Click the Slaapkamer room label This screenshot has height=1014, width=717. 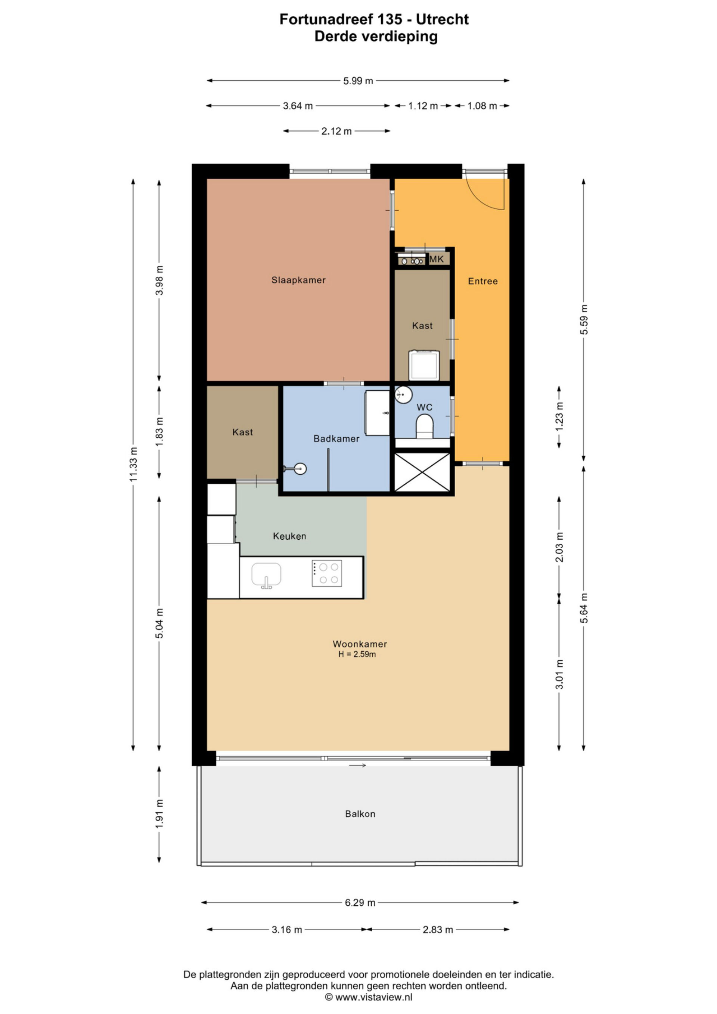click(298, 280)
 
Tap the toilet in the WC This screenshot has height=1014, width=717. click(425, 426)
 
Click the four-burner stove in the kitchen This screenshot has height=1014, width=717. click(327, 573)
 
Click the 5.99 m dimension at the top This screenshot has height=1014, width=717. click(358, 81)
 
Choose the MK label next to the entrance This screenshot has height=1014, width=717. click(437, 259)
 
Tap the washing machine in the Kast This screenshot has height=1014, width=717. click(424, 365)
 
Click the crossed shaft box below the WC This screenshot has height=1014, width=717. click(422, 472)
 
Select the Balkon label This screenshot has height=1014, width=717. click(360, 814)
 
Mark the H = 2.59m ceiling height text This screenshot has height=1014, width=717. click(357, 654)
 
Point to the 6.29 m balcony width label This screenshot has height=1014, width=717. click(360, 903)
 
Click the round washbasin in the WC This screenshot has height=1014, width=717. click(403, 394)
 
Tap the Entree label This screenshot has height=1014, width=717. click(483, 281)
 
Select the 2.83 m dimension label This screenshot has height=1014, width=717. click(438, 930)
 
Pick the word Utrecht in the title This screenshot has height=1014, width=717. click(443, 19)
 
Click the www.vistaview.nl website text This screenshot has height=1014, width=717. click(373, 997)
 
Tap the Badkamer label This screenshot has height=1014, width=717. click(336, 439)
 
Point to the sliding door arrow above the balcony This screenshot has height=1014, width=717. click(358, 765)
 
